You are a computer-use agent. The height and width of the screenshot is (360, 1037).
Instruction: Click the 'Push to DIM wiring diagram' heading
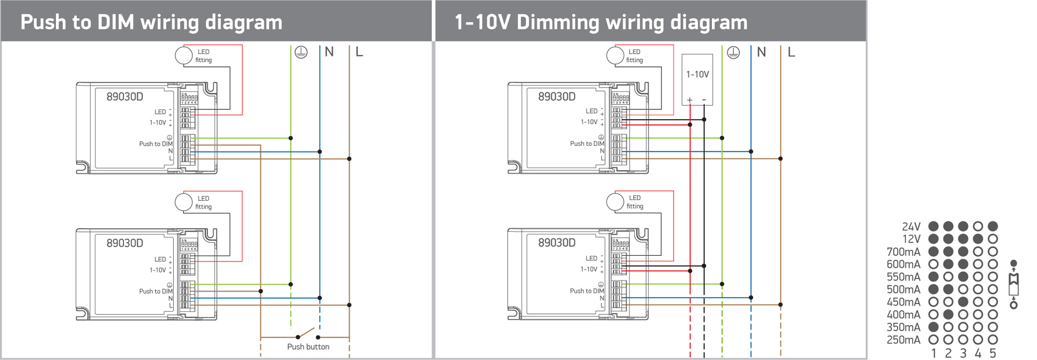pyautogui.click(x=151, y=22)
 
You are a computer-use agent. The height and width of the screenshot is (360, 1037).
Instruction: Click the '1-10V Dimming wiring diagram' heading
pyautogui.click(x=600, y=22)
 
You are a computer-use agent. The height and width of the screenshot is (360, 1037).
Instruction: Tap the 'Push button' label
pyautogui.click(x=308, y=347)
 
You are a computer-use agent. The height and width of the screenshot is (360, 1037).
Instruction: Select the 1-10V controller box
pyautogui.click(x=697, y=79)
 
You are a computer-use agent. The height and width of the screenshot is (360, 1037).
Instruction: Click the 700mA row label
pyautogui.click(x=903, y=252)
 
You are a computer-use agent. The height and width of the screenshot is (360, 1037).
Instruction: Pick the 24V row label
pyautogui.click(x=911, y=227)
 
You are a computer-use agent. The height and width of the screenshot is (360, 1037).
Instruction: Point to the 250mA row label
pyautogui.click(x=903, y=340)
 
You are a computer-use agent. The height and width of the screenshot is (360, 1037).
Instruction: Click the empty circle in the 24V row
pyautogui.click(x=978, y=226)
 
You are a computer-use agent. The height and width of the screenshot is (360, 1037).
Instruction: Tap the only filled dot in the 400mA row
pyautogui.click(x=948, y=314)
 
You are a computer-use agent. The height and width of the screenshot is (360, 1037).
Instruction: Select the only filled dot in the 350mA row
pyautogui.click(x=933, y=327)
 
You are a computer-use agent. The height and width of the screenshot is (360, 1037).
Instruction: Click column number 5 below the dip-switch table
pyautogui.click(x=993, y=353)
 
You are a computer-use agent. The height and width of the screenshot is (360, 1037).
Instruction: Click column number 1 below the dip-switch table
pyautogui.click(x=933, y=353)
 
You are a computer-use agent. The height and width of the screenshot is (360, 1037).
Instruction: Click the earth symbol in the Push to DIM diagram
pyautogui.click(x=301, y=52)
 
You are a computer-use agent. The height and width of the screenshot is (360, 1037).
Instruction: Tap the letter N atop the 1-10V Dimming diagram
pyautogui.click(x=761, y=52)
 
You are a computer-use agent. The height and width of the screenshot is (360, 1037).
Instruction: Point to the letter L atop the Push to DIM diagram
pyautogui.click(x=359, y=52)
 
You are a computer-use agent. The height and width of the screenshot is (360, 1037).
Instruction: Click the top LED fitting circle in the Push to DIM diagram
pyautogui.click(x=184, y=56)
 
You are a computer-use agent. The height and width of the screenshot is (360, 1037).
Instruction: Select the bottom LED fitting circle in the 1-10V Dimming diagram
pyautogui.click(x=615, y=202)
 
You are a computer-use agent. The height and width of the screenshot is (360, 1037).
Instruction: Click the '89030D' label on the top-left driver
pyautogui.click(x=124, y=97)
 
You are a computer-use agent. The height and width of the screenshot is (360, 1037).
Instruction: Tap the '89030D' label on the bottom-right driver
pyautogui.click(x=556, y=243)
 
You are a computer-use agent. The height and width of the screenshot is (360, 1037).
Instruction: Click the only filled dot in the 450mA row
pyautogui.click(x=963, y=302)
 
